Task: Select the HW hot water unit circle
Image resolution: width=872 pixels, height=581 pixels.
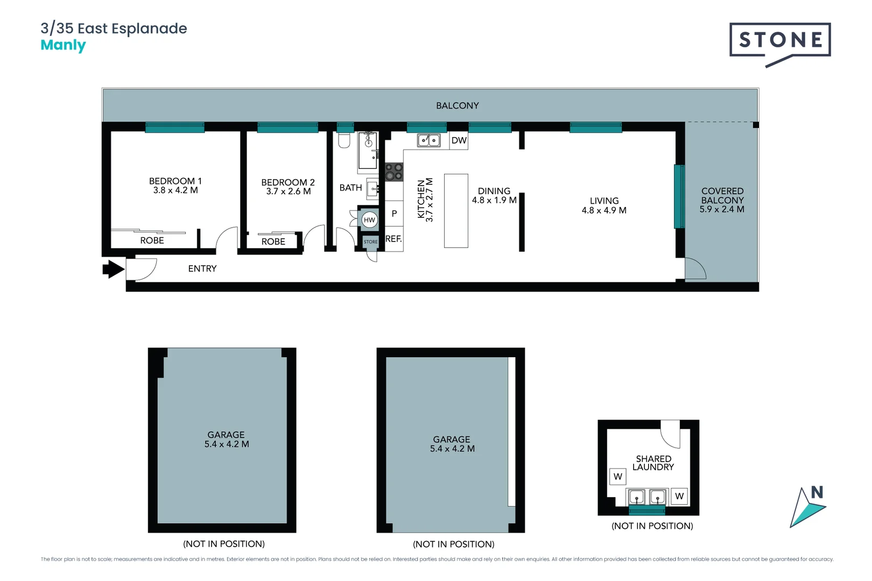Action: pyautogui.click(x=369, y=220)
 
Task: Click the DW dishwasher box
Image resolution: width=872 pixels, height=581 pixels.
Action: pyautogui.click(x=459, y=141)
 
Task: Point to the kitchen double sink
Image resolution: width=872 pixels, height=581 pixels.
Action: pyautogui.click(x=428, y=141)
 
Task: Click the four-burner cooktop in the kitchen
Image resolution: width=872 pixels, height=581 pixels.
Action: pyautogui.click(x=394, y=172)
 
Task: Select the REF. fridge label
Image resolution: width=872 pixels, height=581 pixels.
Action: pyautogui.click(x=393, y=239)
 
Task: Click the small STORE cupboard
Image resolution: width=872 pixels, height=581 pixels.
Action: pyautogui.click(x=370, y=242)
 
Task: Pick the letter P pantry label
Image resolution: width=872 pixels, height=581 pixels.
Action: pyautogui.click(x=394, y=214)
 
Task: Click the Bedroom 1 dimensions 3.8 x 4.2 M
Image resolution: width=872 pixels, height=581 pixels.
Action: pyautogui.click(x=175, y=190)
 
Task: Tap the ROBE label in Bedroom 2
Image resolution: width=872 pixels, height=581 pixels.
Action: pyautogui.click(x=273, y=242)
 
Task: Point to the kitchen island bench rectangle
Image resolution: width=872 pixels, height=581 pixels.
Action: pyautogui.click(x=456, y=211)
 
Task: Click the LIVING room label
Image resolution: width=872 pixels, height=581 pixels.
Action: pyautogui.click(x=604, y=201)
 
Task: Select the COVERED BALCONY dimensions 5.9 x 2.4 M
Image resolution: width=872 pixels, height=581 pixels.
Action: pyautogui.click(x=722, y=209)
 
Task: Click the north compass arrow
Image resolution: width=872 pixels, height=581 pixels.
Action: pyautogui.click(x=807, y=508)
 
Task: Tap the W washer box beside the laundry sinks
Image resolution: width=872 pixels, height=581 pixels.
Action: pyautogui.click(x=679, y=496)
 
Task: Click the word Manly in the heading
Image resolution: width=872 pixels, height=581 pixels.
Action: pyautogui.click(x=64, y=46)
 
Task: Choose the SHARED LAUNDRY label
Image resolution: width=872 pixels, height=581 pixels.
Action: pyautogui.click(x=653, y=463)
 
